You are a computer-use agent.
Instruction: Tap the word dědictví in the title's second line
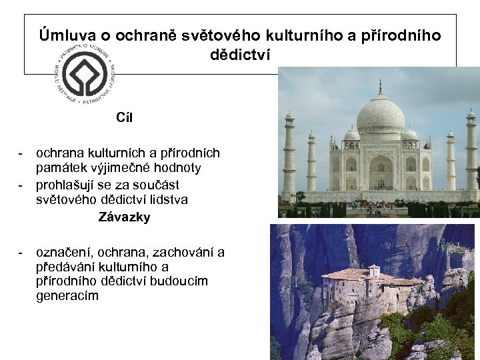click(241, 54)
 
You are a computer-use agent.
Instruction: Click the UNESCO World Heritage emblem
click(85, 74)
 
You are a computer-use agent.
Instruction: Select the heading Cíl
click(125, 118)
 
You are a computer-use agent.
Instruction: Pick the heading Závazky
click(125, 217)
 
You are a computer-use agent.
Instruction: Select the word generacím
click(67, 296)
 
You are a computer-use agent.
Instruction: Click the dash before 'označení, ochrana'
click(22, 253)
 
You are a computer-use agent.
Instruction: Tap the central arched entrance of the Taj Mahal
click(381, 172)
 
